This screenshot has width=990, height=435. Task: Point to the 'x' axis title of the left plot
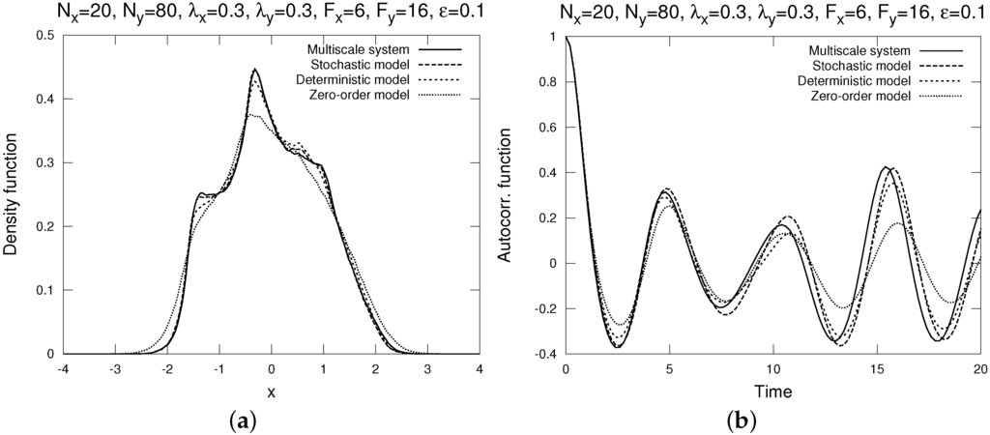coord(273,393)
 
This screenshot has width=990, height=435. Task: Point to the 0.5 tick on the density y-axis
coord(46,36)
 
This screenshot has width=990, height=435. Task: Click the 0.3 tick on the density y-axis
coord(46,163)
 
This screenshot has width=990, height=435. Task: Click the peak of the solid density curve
coord(254,69)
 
